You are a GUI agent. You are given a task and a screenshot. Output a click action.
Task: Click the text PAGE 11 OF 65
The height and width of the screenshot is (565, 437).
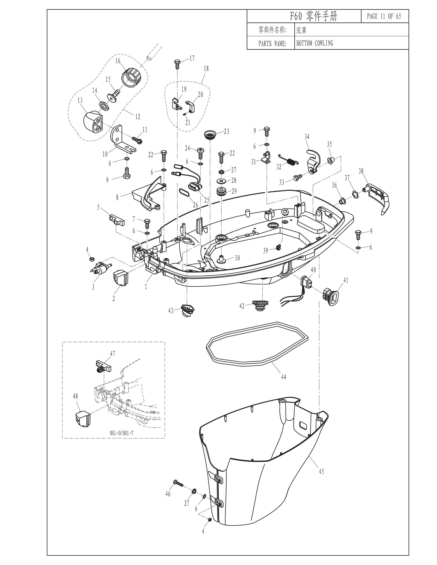pos(384,16)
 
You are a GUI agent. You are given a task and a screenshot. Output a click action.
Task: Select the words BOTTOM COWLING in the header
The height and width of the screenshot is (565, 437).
pos(315,43)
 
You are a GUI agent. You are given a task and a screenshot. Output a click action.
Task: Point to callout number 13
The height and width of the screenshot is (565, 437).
pos(80,100)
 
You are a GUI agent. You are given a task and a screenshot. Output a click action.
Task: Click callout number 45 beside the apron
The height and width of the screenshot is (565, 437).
pos(321,471)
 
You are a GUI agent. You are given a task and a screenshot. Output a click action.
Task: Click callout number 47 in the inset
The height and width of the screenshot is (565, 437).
pos(113,353)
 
